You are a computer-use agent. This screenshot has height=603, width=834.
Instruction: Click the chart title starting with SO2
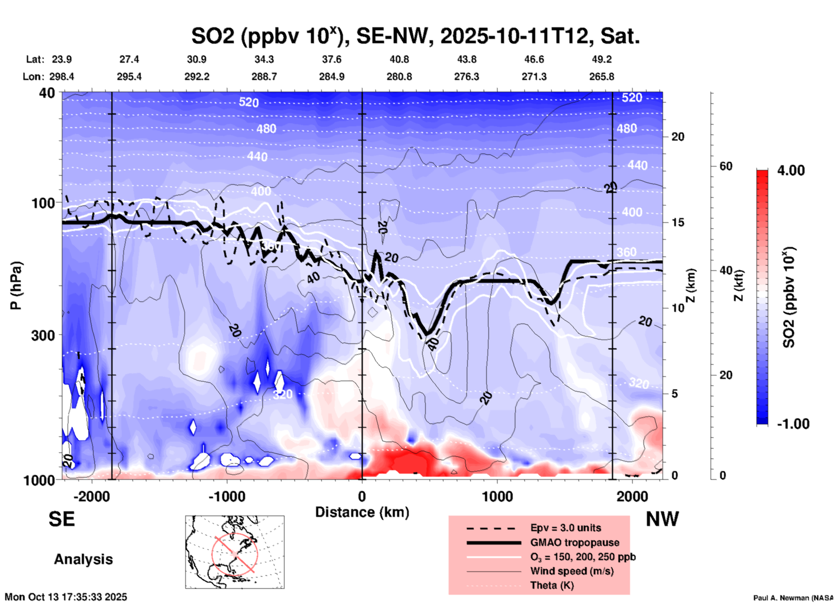[x=415, y=36]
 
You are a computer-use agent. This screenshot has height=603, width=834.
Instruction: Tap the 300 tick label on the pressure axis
[x=43, y=335]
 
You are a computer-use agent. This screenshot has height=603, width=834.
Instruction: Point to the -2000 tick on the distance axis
[x=92, y=496]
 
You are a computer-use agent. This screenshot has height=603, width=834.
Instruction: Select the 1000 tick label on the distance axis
[x=497, y=496]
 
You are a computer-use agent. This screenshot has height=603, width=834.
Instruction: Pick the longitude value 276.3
[x=466, y=77]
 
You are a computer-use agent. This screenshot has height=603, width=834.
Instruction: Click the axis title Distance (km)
[x=362, y=512]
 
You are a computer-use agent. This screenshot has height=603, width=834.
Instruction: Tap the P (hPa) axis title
[x=16, y=285]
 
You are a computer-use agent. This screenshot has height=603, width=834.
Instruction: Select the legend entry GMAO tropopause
[x=575, y=542]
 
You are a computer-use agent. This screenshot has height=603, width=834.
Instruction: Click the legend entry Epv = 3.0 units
[x=566, y=528]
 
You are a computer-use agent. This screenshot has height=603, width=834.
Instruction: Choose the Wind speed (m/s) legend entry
[x=572, y=571]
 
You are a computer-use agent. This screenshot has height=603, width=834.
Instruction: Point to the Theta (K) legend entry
[x=552, y=585]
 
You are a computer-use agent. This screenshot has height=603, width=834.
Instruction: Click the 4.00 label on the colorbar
[x=791, y=170]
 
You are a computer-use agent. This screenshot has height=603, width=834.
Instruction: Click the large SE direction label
[x=61, y=519]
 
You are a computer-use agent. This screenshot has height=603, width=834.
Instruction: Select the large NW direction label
[x=662, y=519]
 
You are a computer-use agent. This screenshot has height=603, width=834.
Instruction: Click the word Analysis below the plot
[x=83, y=559]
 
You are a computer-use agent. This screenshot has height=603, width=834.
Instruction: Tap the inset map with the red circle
[x=235, y=552]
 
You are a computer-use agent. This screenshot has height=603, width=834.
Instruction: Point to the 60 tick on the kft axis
[x=726, y=166]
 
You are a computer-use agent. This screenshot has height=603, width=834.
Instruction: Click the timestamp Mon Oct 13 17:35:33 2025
[x=66, y=597]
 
